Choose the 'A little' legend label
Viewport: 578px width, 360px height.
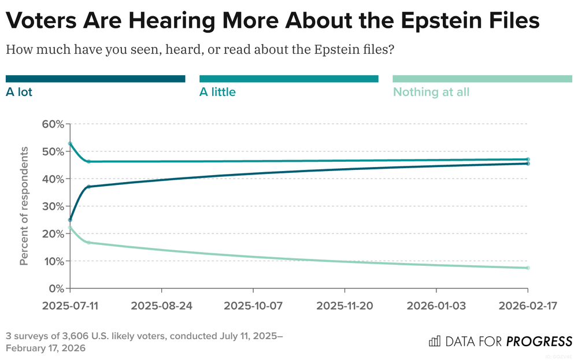coord(217,91)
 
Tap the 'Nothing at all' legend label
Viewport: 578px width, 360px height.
coord(431,92)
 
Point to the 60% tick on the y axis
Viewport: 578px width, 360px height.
coord(52,124)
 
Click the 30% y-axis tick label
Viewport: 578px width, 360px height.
coord(52,206)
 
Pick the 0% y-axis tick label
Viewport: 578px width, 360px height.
coord(55,288)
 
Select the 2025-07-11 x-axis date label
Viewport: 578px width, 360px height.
coord(69,306)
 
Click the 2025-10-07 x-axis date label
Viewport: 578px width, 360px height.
coord(253,306)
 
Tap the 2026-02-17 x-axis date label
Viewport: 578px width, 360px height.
coord(528,306)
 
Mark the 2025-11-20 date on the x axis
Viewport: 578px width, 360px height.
coord(344,306)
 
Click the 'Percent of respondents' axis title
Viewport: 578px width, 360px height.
coord(24,206)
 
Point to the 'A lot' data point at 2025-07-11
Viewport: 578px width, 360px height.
coord(70,220)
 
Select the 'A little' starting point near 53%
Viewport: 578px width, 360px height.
coord(70,143)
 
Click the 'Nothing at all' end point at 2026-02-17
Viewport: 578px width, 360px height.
coord(528,268)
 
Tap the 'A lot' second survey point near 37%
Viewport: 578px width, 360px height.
coord(88,187)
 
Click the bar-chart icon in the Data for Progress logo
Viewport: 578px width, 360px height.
coord(434,341)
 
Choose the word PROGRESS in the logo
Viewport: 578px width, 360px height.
coord(539,341)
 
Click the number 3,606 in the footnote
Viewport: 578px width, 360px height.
coord(71,336)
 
